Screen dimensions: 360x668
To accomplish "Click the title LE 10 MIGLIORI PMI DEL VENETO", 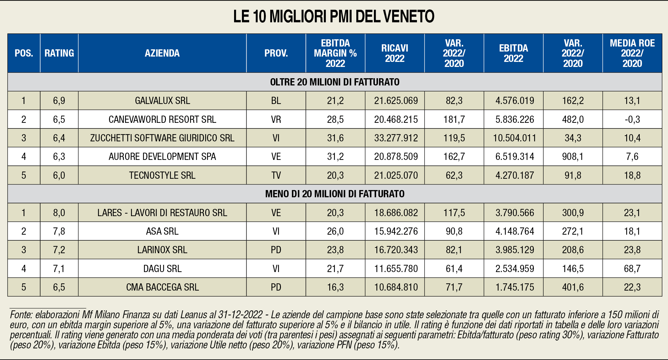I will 334,17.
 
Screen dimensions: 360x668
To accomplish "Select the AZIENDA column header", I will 162,53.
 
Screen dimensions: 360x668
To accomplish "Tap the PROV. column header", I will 276,53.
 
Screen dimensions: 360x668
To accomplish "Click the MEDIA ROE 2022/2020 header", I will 632,53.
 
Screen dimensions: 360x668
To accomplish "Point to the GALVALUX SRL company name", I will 162,101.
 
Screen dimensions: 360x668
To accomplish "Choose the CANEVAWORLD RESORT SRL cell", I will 162,119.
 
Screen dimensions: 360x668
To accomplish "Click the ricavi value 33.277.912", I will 396,138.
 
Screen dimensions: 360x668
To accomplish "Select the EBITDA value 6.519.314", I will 515,156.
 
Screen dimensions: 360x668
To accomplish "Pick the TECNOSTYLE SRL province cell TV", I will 276,175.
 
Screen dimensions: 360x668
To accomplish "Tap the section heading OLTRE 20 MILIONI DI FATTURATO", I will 335,82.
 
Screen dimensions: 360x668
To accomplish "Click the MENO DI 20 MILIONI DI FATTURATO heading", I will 335,194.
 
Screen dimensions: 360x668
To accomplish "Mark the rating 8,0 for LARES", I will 59,213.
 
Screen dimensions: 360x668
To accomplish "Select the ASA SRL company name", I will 162,231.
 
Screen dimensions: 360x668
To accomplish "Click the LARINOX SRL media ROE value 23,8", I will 632,250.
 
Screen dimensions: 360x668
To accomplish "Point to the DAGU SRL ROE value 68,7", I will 632,269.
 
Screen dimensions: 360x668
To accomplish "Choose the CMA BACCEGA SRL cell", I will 162,287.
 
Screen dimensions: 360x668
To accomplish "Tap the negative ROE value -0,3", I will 632,119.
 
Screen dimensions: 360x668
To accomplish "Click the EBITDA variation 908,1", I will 573,156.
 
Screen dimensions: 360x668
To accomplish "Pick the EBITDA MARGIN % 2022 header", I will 335,53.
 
